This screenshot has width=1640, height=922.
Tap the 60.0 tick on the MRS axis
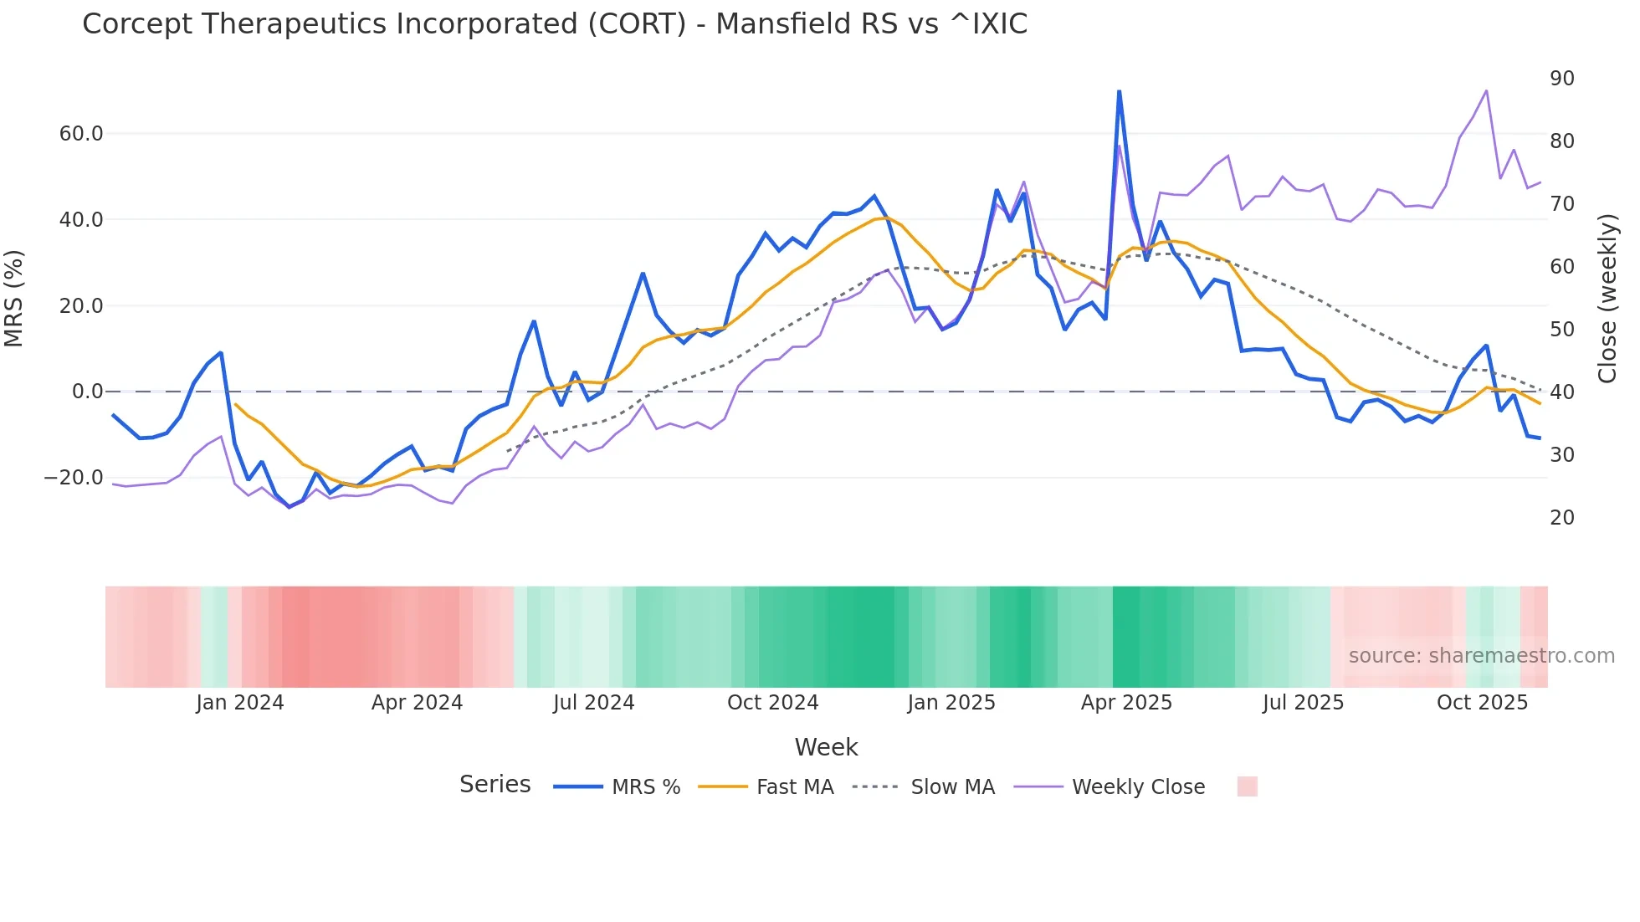(81, 134)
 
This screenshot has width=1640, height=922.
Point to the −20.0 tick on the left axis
(74, 478)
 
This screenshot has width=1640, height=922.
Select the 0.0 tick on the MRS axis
(87, 392)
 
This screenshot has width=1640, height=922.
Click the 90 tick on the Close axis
(1562, 79)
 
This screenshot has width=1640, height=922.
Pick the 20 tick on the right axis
(1562, 518)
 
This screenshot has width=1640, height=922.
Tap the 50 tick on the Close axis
(1562, 330)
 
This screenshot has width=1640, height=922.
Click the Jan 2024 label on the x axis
(240, 703)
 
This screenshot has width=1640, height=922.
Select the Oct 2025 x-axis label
(1482, 703)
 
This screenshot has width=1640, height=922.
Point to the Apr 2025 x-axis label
(1126, 703)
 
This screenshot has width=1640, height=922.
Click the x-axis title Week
(826, 747)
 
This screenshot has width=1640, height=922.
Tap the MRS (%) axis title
(14, 299)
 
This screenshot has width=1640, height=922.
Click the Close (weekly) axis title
(1607, 299)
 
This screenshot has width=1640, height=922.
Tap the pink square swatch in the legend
(1247, 786)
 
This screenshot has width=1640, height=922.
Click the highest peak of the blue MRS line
(1119, 91)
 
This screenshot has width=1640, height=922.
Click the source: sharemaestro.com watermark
(1481, 656)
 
